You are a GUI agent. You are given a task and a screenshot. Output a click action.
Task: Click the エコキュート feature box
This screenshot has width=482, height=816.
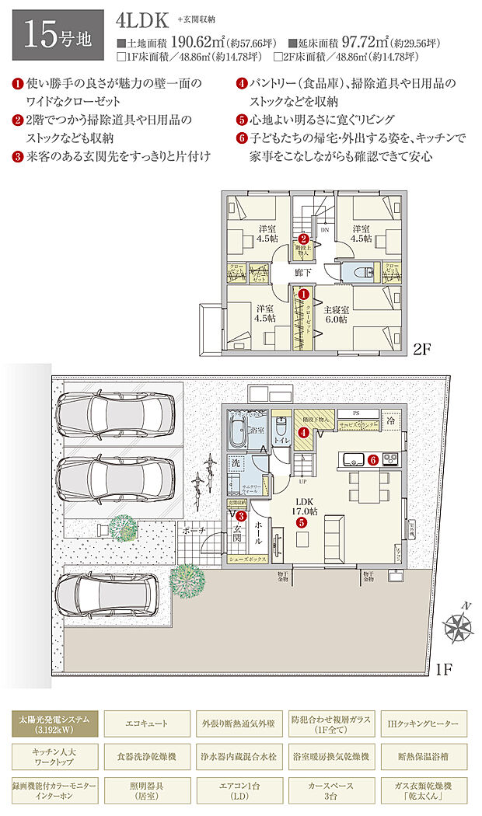tap(146, 724)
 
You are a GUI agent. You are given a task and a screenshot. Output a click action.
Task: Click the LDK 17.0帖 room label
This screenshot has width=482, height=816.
tap(302, 506)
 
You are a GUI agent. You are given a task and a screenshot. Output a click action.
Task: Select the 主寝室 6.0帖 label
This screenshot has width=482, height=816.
tap(335, 315)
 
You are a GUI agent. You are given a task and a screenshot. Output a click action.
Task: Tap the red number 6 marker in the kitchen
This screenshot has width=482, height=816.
tap(374, 459)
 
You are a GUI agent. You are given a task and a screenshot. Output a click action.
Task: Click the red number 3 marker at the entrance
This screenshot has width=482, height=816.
tap(242, 515)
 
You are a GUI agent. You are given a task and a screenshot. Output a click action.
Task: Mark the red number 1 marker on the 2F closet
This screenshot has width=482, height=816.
tap(304, 295)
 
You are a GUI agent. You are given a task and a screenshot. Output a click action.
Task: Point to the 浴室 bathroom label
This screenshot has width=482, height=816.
tap(257, 429)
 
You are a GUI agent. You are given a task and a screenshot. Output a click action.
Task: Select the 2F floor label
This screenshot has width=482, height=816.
tap(422, 349)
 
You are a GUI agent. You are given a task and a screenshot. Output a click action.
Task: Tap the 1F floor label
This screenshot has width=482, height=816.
tap(445, 668)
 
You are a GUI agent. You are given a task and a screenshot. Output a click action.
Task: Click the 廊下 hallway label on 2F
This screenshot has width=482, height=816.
tap(304, 274)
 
